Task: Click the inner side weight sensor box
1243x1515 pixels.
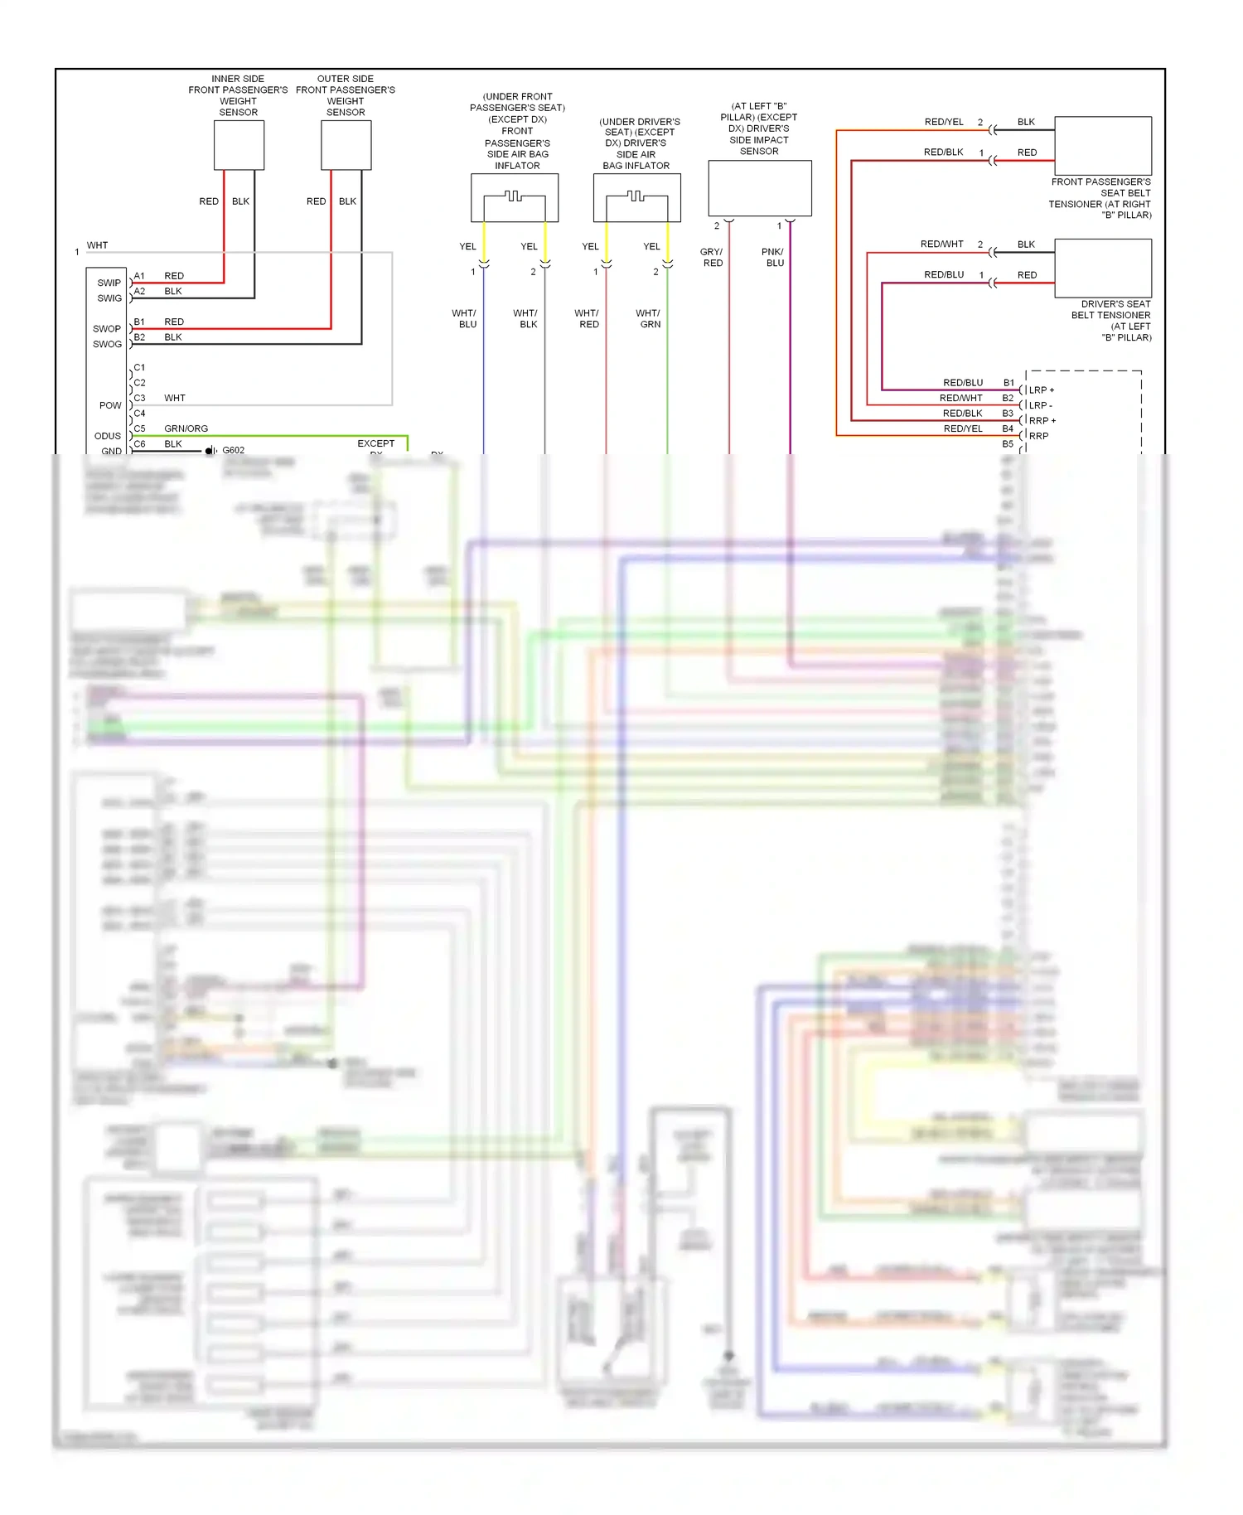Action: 239,145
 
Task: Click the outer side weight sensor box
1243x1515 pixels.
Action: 346,145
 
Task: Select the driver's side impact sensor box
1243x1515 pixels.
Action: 759,188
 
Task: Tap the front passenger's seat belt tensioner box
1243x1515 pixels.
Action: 1102,145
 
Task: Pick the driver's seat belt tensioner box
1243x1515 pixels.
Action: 1102,268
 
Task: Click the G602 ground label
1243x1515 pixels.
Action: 233,450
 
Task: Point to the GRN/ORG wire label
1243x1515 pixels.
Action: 186,428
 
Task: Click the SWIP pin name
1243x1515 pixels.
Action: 109,283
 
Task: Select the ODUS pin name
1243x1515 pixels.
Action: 107,436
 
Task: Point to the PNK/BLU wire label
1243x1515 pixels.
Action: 773,257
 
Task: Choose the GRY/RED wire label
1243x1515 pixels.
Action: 712,257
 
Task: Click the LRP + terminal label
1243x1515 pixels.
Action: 1042,390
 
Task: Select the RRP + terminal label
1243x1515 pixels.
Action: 1042,421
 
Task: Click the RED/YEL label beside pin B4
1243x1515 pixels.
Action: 962,428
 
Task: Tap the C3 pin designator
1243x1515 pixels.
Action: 139,398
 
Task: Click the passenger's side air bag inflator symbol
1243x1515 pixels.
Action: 515,197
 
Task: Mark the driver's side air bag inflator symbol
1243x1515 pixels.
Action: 636,197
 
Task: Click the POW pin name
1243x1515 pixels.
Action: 110,405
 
